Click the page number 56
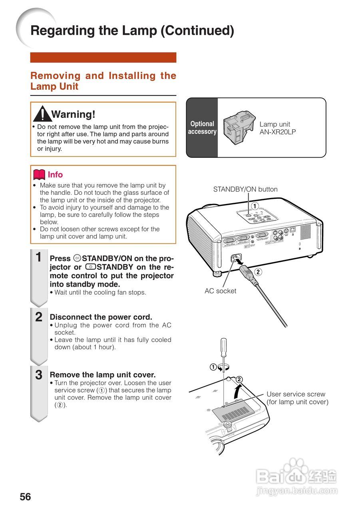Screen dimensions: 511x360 [x=25, y=497]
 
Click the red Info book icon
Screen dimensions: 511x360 [x=39, y=174]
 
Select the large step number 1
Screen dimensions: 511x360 [x=39, y=257]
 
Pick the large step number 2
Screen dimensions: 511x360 [x=39, y=317]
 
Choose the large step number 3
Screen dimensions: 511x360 [x=39, y=375]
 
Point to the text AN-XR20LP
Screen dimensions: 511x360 [x=278, y=132]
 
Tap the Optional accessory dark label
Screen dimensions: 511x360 [x=202, y=128]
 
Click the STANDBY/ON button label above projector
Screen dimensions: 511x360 [x=245, y=189]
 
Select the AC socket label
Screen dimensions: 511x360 [x=220, y=291]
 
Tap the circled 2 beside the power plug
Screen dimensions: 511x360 [x=258, y=272]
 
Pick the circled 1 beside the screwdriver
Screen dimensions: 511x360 [x=213, y=367]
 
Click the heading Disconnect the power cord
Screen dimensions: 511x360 [x=101, y=317]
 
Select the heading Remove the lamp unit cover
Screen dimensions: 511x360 [x=102, y=375]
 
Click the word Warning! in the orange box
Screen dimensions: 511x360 [x=74, y=115]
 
